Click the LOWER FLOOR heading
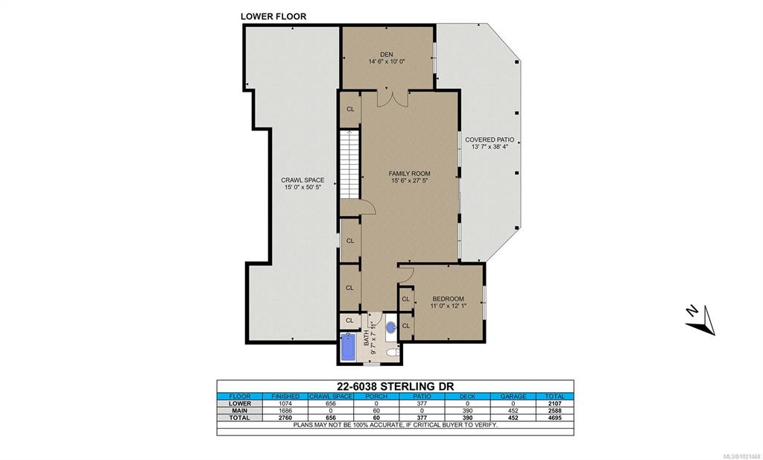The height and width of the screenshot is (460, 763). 273,16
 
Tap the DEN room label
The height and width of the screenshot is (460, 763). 387,54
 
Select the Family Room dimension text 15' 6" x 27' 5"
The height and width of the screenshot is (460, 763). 409,180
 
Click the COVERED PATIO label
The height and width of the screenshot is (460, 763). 490,139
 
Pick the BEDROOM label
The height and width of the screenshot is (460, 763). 448,299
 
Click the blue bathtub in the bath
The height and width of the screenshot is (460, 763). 349,347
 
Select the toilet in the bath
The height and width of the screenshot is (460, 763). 392,352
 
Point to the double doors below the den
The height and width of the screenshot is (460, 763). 393,98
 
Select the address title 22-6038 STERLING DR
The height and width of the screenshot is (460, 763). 395,386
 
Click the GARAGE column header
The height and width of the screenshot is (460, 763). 513,396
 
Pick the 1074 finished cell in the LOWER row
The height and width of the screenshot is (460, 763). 285,403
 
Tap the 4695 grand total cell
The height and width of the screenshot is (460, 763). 554,418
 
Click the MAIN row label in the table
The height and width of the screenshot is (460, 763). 240,410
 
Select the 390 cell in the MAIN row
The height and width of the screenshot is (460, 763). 467,410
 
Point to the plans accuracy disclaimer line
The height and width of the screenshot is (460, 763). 395,425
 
